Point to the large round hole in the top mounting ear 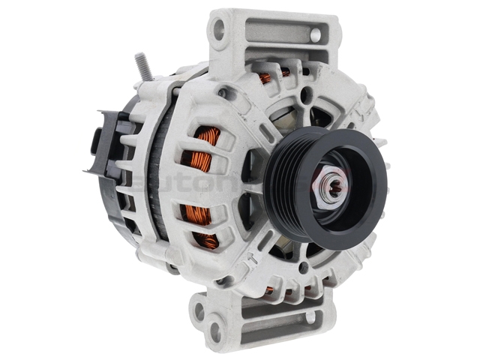coord(219,30)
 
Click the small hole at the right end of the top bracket coord(316,34)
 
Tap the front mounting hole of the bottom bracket coord(215,331)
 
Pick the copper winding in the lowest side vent coord(206,239)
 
